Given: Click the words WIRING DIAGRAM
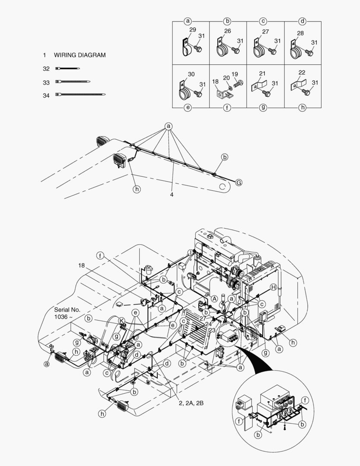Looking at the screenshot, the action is coord(80,55).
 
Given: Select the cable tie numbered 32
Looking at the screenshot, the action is coord(67,69).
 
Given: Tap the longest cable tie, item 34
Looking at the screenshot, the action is coord(80,95).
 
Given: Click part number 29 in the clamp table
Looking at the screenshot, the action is coord(192,30).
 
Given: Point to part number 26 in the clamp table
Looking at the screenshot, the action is coord(228,31).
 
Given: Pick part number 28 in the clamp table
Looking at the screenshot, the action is coord(301,33).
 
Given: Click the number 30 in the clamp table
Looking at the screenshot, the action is coord(191,74).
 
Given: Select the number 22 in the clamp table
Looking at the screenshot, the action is coord(302,72).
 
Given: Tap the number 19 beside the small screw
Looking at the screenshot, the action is coord(235,74).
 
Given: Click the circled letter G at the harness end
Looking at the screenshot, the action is coord(239,183).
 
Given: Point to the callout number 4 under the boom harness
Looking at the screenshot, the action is coord(172,195).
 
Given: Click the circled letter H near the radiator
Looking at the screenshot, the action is coord(273,287).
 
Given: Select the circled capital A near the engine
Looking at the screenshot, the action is coord(214,299).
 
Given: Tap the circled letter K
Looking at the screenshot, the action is coord(122,321).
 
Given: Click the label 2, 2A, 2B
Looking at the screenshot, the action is coord(191,403).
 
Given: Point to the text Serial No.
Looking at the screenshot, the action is coord(67,310).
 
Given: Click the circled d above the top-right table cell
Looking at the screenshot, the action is coord(302,21).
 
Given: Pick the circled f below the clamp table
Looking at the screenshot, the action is coord(227,107).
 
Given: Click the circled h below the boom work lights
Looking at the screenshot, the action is coord(137,189).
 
